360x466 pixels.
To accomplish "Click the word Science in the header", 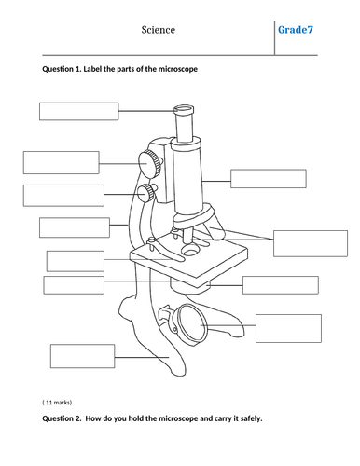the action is click(159, 30).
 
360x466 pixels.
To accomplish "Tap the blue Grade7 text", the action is click(296, 30).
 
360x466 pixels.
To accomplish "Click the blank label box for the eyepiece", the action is click(79, 111).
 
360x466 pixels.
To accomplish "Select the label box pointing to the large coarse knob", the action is click(62, 162).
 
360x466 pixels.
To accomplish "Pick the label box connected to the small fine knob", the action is click(63, 196).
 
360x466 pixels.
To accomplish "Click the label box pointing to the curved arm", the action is click(75, 227).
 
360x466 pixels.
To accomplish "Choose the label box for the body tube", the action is click(269, 179).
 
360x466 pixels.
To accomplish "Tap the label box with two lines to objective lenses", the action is click(311, 243).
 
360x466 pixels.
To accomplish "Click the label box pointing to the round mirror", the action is click(288, 328).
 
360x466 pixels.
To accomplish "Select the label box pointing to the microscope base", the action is click(83, 356).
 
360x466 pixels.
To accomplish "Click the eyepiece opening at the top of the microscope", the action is click(184, 109).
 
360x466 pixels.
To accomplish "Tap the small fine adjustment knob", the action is click(146, 193).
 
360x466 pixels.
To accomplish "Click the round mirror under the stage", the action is click(190, 325).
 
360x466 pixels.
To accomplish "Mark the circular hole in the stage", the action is click(190, 249).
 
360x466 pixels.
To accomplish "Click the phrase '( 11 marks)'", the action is click(57, 403).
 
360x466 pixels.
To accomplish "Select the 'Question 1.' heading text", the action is click(62, 69).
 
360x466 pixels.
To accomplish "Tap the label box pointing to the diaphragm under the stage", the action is click(281, 285).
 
